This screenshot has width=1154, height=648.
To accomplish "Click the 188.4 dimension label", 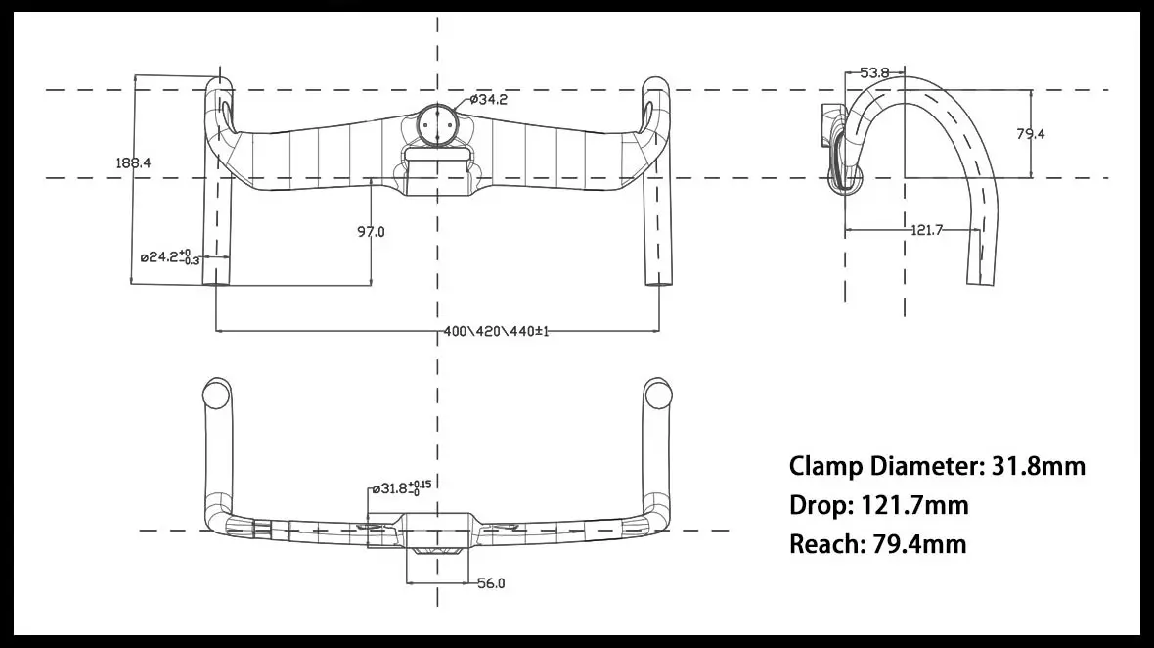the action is (133, 163).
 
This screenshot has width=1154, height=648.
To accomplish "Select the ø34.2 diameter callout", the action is (489, 99).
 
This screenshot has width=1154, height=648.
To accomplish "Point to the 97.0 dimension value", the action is (371, 232).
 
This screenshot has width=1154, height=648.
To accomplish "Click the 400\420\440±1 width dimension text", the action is (496, 332).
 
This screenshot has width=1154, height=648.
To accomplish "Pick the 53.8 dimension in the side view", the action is (874, 72).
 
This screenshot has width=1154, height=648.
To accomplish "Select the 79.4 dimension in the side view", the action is (1030, 134).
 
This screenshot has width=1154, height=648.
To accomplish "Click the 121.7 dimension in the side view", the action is (926, 230).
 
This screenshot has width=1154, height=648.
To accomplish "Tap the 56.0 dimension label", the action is (491, 584).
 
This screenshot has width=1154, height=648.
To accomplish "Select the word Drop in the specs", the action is (820, 505).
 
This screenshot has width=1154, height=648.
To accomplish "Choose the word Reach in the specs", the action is (824, 544).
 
